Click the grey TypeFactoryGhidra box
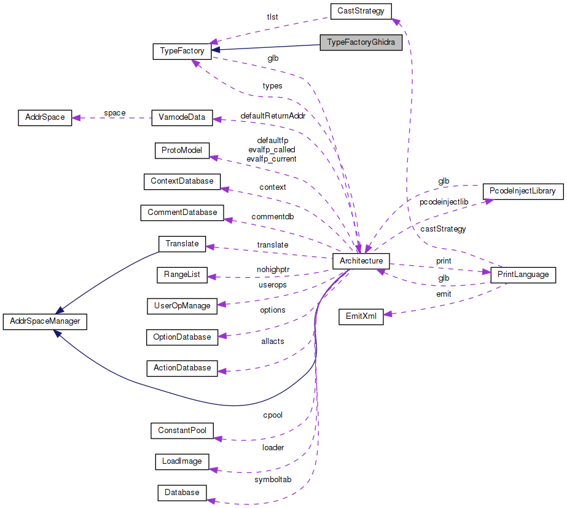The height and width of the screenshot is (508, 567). (361, 43)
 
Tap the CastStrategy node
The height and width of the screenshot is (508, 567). (360, 11)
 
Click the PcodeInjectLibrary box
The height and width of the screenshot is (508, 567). (522, 192)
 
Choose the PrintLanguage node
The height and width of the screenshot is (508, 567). (523, 275)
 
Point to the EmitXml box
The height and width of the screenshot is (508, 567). (361, 317)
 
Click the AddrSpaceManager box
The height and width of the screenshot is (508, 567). (45, 321)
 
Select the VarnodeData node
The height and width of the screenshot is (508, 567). (182, 118)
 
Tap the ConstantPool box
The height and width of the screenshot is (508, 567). (182, 431)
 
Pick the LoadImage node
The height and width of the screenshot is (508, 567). (182, 461)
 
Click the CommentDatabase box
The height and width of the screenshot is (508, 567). (182, 213)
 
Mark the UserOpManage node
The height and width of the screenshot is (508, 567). (182, 305)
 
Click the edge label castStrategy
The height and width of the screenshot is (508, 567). (443, 229)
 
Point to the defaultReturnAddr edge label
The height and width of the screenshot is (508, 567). (272, 116)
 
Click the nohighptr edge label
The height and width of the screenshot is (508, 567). (273, 269)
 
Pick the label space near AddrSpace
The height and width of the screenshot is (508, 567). (115, 113)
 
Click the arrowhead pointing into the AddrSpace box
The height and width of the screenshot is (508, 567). (76, 117)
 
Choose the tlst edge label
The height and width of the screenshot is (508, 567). (272, 17)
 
